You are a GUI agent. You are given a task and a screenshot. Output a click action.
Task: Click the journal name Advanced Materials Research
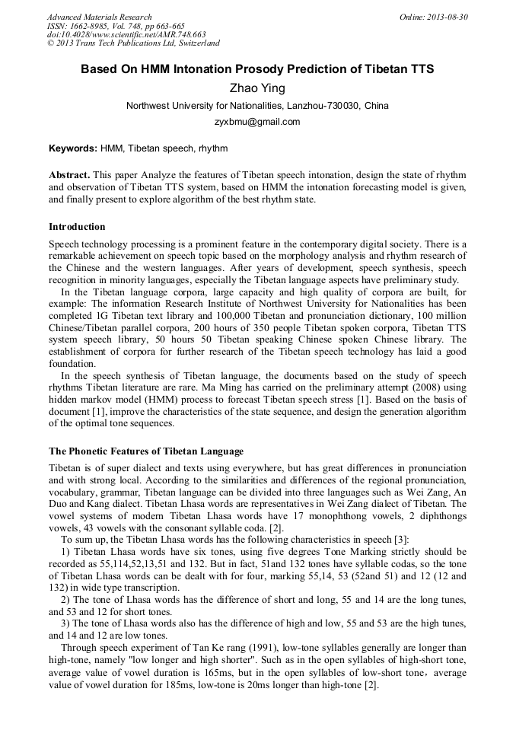click(x=99, y=17)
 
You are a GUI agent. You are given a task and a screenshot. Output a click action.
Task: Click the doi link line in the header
click(x=126, y=35)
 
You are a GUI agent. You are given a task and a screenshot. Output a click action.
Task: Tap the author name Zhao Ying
click(x=257, y=88)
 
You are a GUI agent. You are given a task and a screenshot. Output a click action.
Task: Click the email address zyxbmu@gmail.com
click(x=257, y=122)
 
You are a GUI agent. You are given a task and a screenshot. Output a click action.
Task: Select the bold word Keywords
click(x=72, y=148)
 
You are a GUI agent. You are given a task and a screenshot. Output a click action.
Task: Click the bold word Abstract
click(x=69, y=174)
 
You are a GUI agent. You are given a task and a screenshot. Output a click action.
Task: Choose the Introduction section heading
click(x=77, y=227)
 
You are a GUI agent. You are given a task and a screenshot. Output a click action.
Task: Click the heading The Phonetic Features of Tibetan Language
click(x=146, y=451)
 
